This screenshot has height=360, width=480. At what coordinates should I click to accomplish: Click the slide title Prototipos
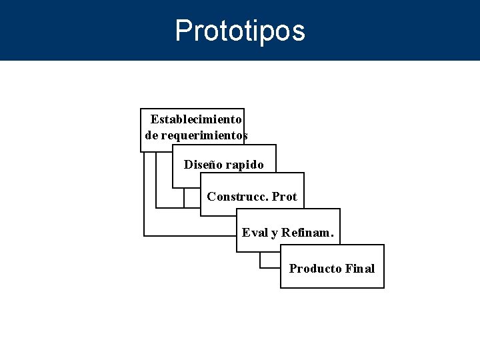click(x=240, y=31)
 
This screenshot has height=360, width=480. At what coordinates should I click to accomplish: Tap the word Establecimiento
click(x=196, y=119)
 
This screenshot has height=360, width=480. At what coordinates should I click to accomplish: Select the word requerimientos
click(x=205, y=135)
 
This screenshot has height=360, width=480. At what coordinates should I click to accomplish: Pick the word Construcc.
click(x=237, y=197)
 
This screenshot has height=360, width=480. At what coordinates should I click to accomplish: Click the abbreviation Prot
click(x=285, y=197)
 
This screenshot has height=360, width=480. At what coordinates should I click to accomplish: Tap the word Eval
click(x=255, y=233)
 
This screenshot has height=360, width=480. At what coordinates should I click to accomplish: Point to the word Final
click(x=361, y=269)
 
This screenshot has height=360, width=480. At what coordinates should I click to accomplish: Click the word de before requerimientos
click(x=152, y=135)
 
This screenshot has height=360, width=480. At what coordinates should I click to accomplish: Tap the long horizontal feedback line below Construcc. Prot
click(x=190, y=235)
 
